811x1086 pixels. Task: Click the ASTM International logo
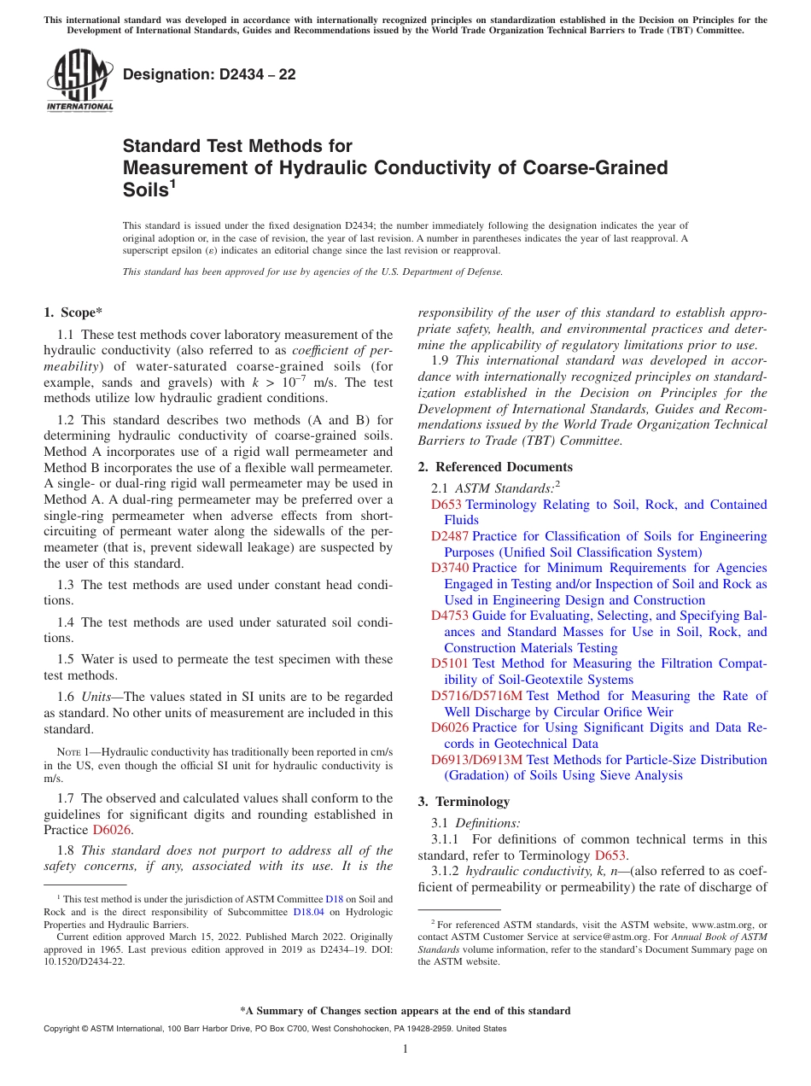pyautogui.click(x=79, y=82)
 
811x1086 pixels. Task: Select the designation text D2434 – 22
pyautogui.click(x=209, y=74)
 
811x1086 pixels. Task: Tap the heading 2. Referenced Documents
pyautogui.click(x=495, y=467)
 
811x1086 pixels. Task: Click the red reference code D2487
pyautogui.click(x=450, y=536)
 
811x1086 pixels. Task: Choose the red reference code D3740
pyautogui.click(x=450, y=568)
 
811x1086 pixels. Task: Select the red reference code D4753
pyautogui.click(x=450, y=616)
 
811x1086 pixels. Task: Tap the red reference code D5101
pyautogui.click(x=450, y=663)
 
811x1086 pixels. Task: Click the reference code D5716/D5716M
pyautogui.click(x=476, y=696)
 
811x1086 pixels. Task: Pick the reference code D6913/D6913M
pyautogui.click(x=476, y=760)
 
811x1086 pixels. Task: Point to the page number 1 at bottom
pyautogui.click(x=405, y=1048)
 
